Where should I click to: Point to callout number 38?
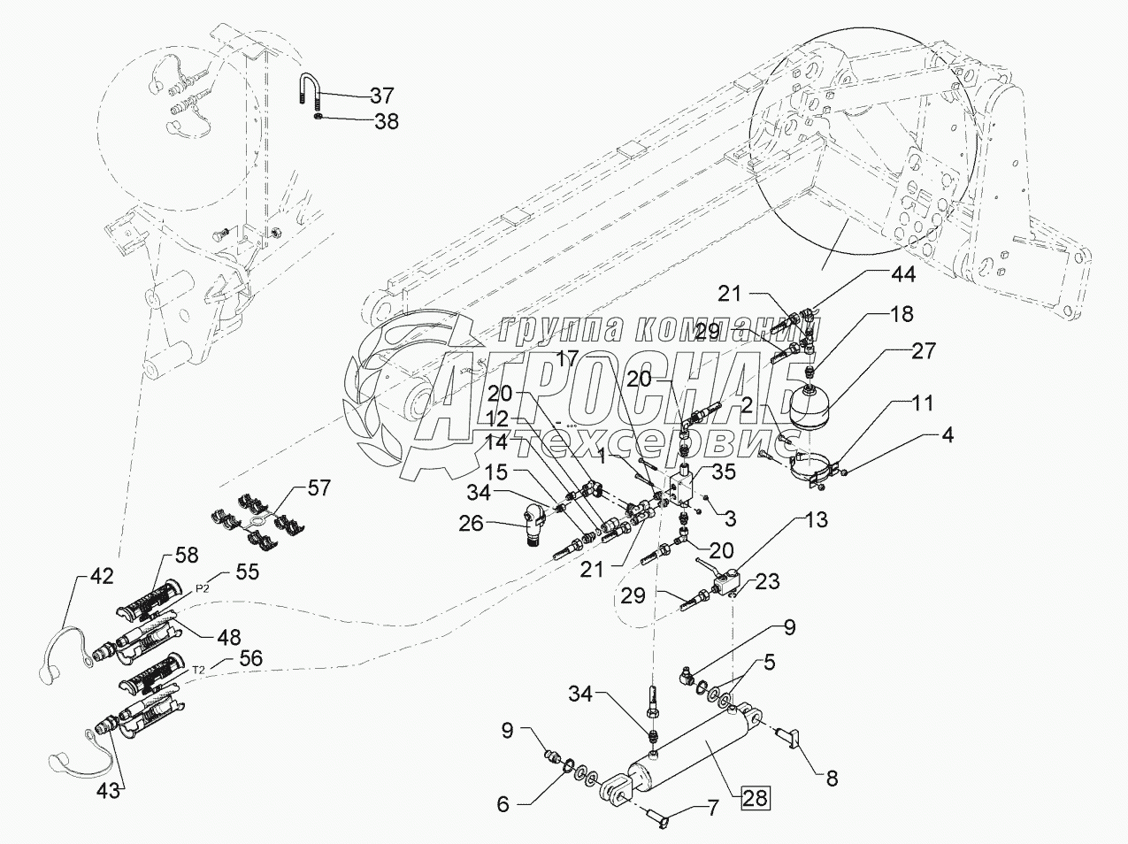[x=387, y=121]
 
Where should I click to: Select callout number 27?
[x=923, y=351]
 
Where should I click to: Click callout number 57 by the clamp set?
[x=318, y=487]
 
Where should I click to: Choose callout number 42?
[x=101, y=576]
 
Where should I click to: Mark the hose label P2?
[x=203, y=590]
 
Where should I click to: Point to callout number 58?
[x=186, y=556]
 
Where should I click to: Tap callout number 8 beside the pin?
[x=832, y=779]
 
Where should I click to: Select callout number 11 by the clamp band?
[x=922, y=403]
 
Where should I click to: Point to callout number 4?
[x=948, y=435]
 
